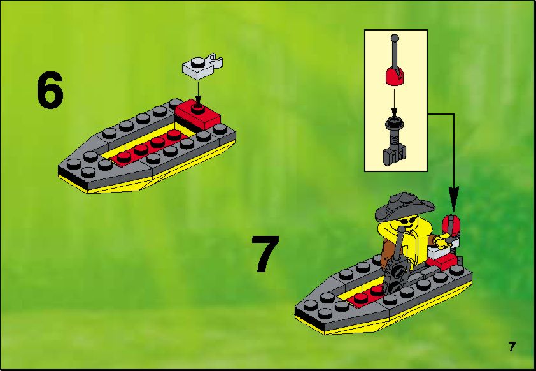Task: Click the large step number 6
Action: coord(50,91)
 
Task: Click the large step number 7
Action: coord(265,254)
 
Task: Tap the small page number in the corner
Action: coord(511,347)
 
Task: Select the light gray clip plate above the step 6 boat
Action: coord(202,66)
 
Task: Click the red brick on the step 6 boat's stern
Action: coord(197,115)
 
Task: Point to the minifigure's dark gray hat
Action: coord(404,206)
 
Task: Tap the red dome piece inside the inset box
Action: coord(395,76)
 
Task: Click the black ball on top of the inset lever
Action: coord(395,37)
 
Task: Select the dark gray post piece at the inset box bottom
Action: coord(394,140)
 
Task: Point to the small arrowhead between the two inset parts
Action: coord(395,111)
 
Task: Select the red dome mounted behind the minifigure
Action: coord(451,224)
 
